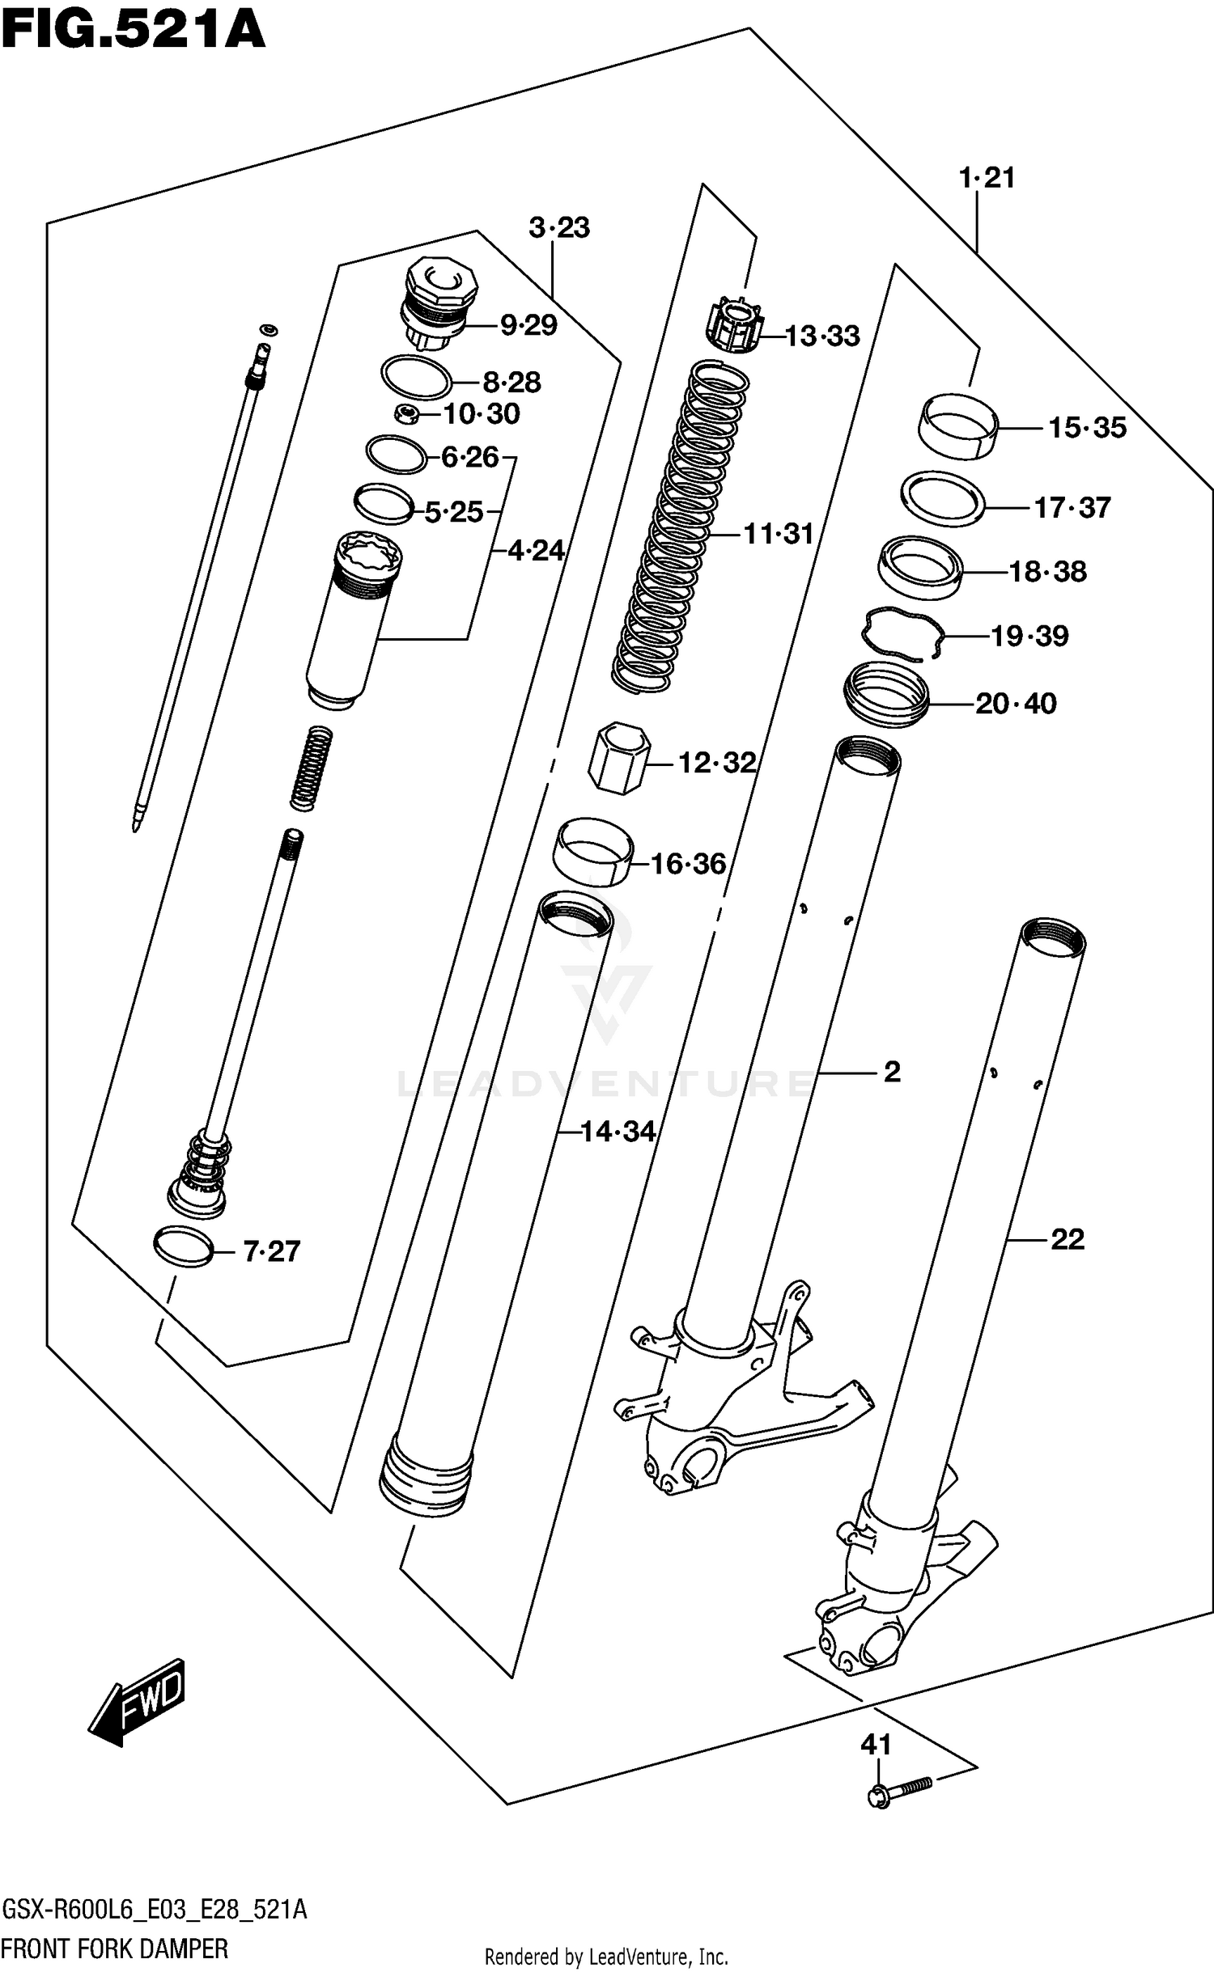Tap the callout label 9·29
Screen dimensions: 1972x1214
(528, 325)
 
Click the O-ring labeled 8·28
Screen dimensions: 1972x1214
(416, 376)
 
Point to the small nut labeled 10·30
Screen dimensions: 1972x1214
(407, 415)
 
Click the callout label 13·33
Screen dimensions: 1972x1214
(822, 336)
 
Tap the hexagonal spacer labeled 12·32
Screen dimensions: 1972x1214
(619, 758)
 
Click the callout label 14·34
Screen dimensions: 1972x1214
(618, 1132)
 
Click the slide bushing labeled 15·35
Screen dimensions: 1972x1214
(959, 425)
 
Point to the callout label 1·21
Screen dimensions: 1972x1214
(987, 177)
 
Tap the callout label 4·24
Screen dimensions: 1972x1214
(536, 551)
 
